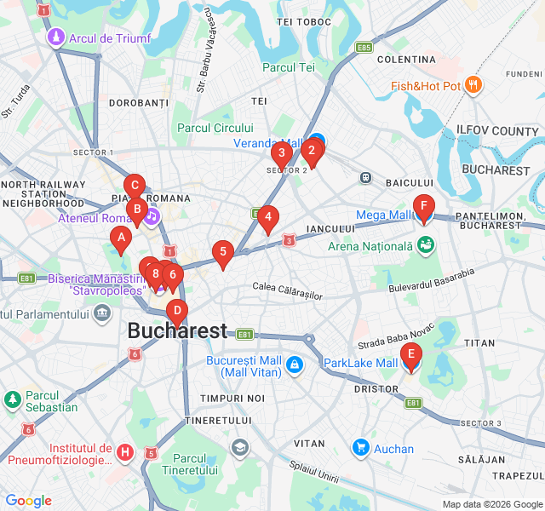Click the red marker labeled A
pyautogui.click(x=121, y=240)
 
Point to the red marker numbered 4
pyautogui.click(x=267, y=218)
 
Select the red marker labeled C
pyautogui.click(x=134, y=186)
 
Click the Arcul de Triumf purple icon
pyautogui.click(x=56, y=37)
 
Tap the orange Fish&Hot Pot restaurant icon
pyautogui.click(x=473, y=85)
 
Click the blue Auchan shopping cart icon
pyautogui.click(x=360, y=448)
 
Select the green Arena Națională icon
pyautogui.click(x=426, y=245)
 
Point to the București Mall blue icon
pyautogui.click(x=294, y=365)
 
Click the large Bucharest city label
pyautogui.click(x=177, y=331)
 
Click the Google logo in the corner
pyautogui.click(x=28, y=501)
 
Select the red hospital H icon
pyautogui.click(x=125, y=452)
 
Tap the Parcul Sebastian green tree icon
pyautogui.click(x=13, y=399)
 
